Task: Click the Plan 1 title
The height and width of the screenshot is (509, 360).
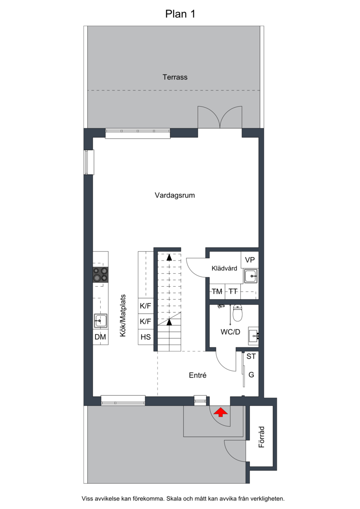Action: coord(180,14)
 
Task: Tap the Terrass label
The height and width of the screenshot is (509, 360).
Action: coord(175,77)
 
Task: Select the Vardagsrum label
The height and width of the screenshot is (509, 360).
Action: coord(175,195)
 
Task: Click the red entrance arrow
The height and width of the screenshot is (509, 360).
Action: coord(221,412)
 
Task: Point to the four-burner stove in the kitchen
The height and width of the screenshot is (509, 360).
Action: coord(100,275)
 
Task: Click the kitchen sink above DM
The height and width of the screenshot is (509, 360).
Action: coord(100,321)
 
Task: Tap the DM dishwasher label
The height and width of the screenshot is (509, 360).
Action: coord(100,337)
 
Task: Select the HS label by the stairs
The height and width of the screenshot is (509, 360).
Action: coord(145,337)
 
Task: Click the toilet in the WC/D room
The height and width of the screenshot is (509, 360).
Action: coord(238,313)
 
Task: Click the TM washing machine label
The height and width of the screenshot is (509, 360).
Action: coord(217,292)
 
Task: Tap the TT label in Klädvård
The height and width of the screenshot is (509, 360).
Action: coord(233,292)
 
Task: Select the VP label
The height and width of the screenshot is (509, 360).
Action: coord(250,260)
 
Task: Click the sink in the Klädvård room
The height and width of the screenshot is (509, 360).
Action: coord(251,276)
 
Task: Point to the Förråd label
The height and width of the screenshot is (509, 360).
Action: coord(261,437)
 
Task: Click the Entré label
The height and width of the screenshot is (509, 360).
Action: coord(198,375)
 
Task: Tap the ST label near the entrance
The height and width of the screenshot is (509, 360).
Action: coord(251,356)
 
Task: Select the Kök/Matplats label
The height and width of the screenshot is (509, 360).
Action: coord(123,315)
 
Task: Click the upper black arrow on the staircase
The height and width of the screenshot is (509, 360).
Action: coord(169,257)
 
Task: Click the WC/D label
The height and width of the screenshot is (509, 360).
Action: coord(230,332)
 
